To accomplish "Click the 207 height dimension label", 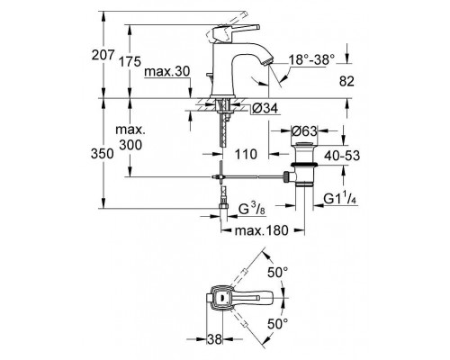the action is pos(103,55).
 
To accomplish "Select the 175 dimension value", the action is pos(130,62).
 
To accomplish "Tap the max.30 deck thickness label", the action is pos(167,72).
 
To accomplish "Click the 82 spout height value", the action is pos(346,81).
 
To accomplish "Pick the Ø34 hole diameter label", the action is pos(265,108).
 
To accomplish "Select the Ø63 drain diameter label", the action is pos(304,131).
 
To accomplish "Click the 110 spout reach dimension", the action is pos(246,154).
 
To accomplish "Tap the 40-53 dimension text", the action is pos(342,156).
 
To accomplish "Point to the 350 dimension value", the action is pos(103,154).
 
